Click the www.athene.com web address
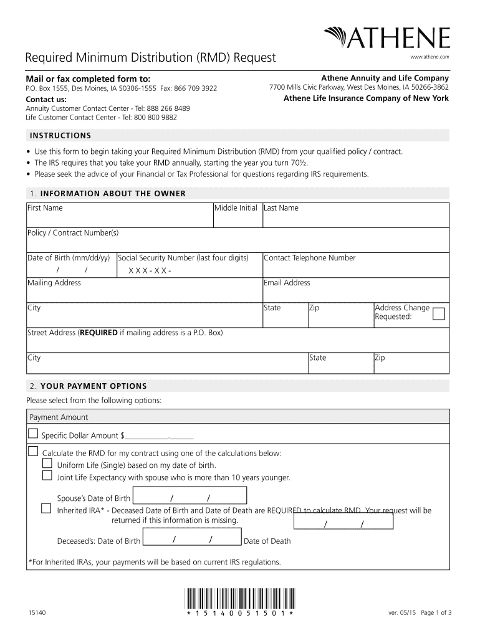(430, 57)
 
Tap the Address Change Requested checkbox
(439, 313)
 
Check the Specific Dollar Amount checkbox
(32, 434)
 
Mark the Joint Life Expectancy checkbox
(47, 476)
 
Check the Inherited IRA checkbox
(46, 508)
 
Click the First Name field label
(45, 208)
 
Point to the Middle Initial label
(236, 208)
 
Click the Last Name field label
(281, 208)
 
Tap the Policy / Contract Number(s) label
(73, 233)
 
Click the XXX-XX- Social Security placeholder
(150, 270)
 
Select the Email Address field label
(287, 283)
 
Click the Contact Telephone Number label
(310, 258)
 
